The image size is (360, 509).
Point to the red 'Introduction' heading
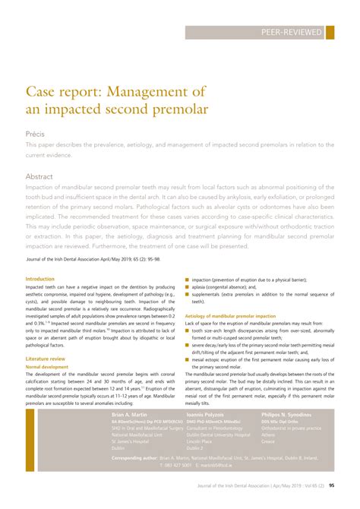tap(40, 280)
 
